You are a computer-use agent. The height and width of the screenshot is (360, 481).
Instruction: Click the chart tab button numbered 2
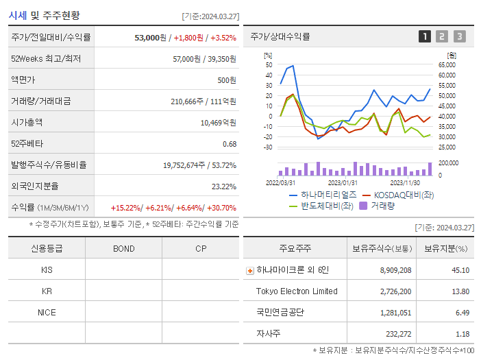click(x=442, y=36)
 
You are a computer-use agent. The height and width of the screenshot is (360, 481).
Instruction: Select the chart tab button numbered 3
click(x=459, y=36)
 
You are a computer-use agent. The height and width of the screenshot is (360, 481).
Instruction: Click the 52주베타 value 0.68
click(x=230, y=143)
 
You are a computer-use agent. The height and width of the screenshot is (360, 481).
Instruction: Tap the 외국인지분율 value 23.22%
click(x=224, y=186)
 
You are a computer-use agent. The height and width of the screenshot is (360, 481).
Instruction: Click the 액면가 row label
click(x=22, y=80)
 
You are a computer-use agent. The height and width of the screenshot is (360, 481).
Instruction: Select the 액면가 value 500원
click(x=227, y=80)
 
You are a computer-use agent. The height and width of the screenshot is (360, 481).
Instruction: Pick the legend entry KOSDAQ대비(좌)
click(x=397, y=195)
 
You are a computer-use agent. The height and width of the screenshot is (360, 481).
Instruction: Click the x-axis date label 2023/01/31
click(x=343, y=182)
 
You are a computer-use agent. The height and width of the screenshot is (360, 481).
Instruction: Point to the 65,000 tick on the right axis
click(x=446, y=64)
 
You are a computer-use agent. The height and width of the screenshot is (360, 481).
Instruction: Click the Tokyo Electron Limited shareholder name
click(x=297, y=291)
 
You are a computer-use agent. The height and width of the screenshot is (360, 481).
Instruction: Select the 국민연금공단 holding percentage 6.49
click(x=462, y=313)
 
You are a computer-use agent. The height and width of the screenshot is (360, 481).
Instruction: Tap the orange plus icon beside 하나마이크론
click(x=249, y=270)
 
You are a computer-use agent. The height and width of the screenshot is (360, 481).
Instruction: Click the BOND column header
click(x=124, y=248)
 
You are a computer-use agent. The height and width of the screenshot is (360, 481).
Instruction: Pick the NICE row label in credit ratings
click(x=47, y=313)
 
